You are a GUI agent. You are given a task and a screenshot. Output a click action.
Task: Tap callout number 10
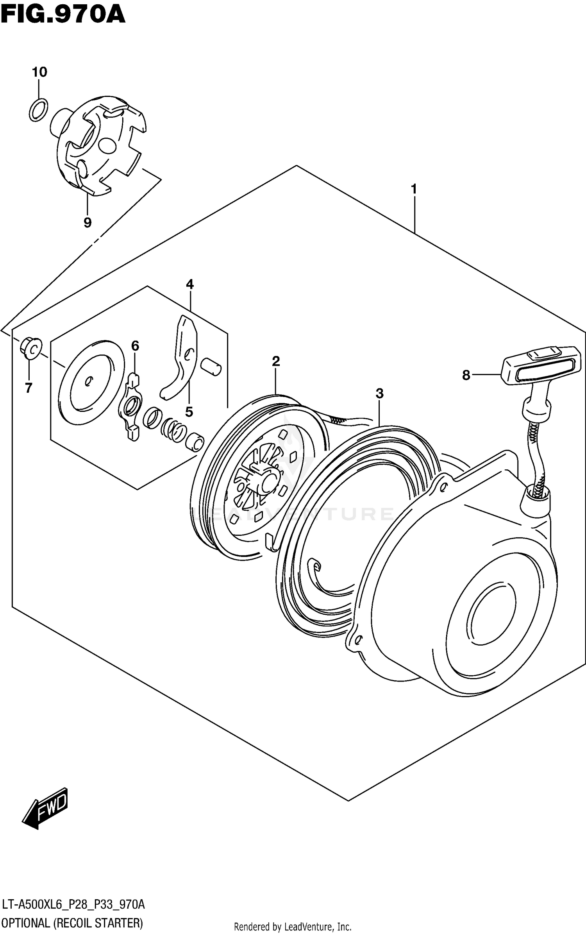39,72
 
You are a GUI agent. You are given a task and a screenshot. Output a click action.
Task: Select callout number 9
88,222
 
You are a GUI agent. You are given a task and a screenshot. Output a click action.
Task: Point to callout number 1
414,190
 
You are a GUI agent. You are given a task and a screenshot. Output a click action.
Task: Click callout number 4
190,284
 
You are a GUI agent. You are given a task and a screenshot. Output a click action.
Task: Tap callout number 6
135,345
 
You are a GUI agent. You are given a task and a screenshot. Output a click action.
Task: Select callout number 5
189,412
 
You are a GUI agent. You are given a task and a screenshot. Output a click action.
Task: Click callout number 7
29,388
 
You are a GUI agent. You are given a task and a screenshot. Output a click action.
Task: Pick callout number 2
276,361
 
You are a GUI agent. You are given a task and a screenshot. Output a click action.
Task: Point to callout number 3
379,394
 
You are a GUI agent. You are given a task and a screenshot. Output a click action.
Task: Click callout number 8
466,375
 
